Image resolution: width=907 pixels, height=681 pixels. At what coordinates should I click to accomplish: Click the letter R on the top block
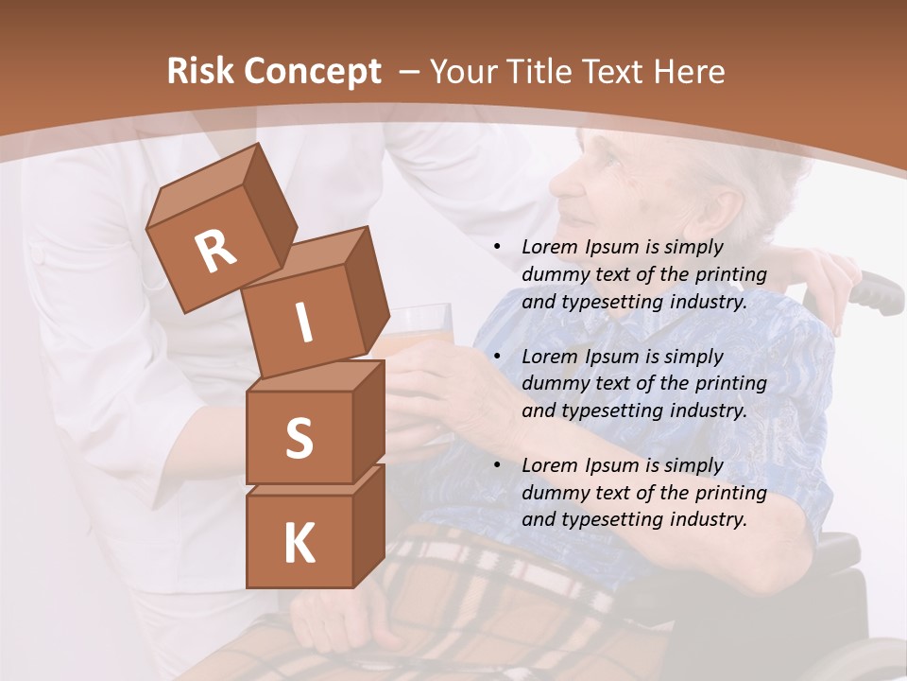pos(216,251)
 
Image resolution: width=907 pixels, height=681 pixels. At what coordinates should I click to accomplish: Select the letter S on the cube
pos(299,437)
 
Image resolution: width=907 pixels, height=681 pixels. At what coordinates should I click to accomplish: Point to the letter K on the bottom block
pos(299,544)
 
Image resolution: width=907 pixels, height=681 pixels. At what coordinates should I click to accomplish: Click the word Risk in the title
pos(200,71)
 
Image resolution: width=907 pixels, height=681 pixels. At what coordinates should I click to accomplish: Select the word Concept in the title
pos(312,71)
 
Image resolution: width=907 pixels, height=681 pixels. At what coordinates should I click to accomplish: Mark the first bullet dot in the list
pos(498,248)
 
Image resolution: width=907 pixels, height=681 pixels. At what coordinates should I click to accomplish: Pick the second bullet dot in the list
pos(498,357)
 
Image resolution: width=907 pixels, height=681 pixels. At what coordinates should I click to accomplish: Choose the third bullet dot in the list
pos(498,465)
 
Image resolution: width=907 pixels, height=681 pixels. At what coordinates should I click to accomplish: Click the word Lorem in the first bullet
pos(550,248)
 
